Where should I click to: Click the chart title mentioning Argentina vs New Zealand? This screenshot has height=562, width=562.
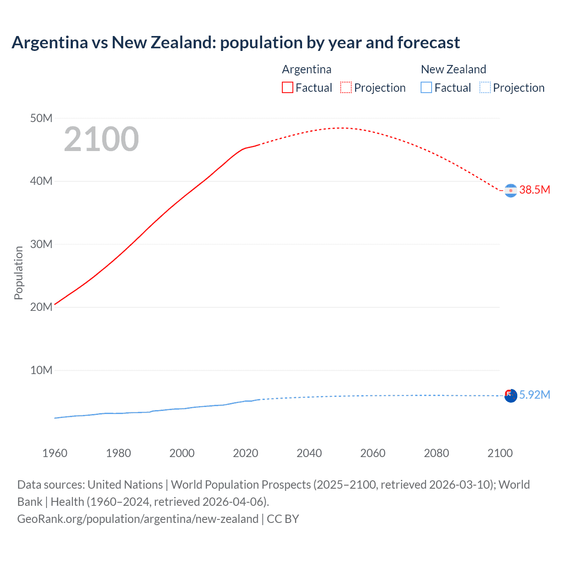235,43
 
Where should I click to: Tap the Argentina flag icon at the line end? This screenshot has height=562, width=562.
511,191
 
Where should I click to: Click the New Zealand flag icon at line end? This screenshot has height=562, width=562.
511,396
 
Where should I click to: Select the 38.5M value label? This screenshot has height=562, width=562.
534,190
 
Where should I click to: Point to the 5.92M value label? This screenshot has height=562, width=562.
534,395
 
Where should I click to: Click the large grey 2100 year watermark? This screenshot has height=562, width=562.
101,139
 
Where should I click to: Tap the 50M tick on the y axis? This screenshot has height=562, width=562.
41,118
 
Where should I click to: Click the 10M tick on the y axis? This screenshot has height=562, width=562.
41,370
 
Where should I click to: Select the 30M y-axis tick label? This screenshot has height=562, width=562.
41,244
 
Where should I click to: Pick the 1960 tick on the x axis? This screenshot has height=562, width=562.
55,453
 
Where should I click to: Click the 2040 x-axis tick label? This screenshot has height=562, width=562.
309,453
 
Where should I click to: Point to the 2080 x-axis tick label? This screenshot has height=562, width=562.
436,453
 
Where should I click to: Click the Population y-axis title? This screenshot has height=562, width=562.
18,273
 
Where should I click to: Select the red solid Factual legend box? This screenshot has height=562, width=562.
287,88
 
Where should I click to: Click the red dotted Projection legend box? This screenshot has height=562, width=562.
346,88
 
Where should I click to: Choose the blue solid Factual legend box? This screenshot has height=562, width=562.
426,88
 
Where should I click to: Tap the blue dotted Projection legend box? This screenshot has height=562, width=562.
485,88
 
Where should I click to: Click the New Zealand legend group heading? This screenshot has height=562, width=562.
454,69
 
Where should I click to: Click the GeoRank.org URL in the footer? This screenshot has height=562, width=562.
138,519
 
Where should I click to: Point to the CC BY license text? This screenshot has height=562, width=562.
283,519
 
